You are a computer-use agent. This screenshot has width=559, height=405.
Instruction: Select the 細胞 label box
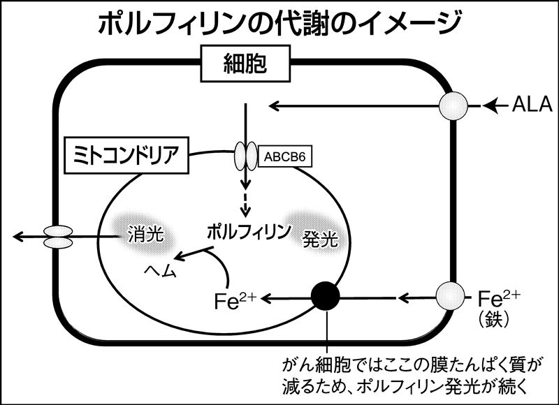(x=246, y=64)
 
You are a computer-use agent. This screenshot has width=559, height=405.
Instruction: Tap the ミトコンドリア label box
(x=126, y=155)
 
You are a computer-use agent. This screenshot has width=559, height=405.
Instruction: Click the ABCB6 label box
(x=285, y=156)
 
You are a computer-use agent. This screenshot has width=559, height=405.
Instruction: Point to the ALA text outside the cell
(x=532, y=105)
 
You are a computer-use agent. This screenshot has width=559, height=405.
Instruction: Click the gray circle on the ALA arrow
(x=453, y=106)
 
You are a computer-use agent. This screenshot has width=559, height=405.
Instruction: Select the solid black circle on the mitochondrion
(x=326, y=296)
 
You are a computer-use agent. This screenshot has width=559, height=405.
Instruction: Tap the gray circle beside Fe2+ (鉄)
(x=451, y=296)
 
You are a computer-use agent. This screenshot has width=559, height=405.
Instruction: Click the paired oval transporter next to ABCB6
(x=246, y=156)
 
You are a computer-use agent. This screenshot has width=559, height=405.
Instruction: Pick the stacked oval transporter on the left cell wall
(x=58, y=237)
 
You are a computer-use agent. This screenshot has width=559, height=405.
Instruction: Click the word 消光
(x=145, y=235)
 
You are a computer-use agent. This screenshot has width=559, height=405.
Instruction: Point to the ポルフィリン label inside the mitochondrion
(x=249, y=232)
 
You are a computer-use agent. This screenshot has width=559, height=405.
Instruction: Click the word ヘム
(x=161, y=271)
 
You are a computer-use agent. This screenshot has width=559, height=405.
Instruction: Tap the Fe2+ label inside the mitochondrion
(x=235, y=300)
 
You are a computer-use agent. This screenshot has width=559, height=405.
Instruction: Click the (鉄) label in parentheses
(x=493, y=320)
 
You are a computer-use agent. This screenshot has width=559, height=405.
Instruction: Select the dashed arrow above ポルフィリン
(x=245, y=205)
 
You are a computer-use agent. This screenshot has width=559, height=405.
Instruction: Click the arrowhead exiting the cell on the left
(x=19, y=237)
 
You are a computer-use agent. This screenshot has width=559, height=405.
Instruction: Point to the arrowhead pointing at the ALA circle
(x=491, y=106)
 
